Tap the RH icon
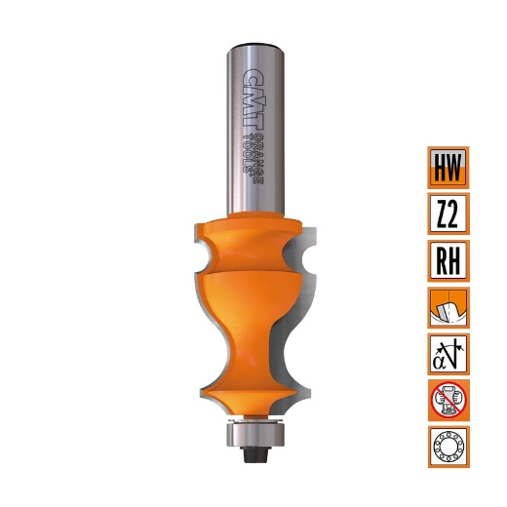448,259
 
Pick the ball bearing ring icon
448,446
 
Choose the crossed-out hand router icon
448,399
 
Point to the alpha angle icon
448,353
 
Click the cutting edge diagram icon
448,306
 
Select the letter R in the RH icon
441,259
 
